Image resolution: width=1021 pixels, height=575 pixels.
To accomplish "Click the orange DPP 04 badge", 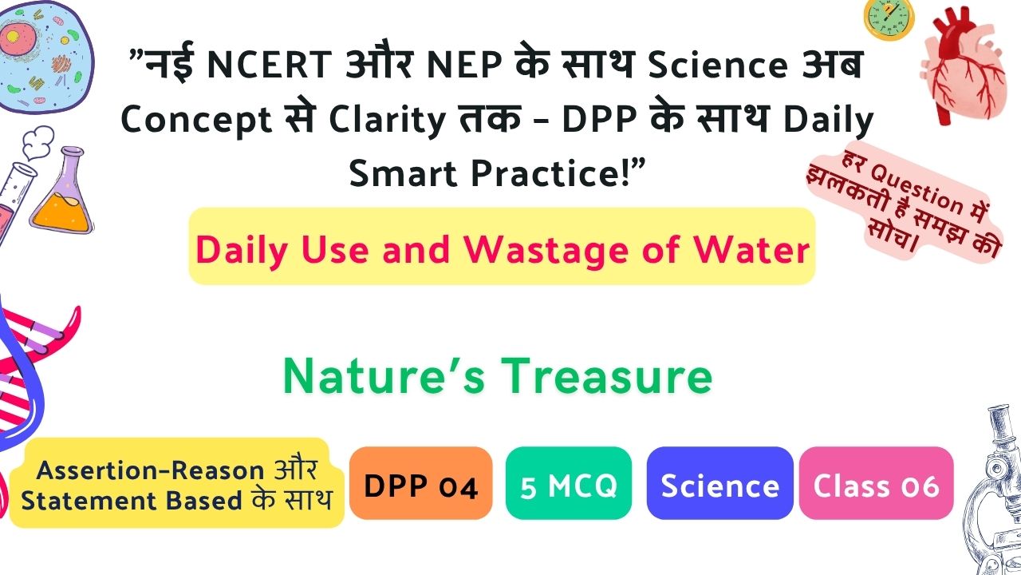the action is tap(420, 483).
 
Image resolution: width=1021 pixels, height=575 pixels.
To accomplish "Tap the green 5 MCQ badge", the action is tap(569, 483).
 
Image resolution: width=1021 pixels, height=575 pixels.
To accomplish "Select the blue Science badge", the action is tap(719, 483).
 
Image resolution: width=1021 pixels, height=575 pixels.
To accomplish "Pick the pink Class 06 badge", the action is tap(876, 483).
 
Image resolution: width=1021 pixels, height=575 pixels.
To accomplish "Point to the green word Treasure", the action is tap(607, 375).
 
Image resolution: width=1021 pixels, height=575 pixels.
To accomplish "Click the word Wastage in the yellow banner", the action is tap(546, 250).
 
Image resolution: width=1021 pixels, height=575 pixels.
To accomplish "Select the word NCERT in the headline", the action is tap(270, 65).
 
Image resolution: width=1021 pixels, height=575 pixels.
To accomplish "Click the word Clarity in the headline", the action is tap(387, 120).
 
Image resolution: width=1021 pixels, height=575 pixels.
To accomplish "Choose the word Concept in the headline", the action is tap(197, 120).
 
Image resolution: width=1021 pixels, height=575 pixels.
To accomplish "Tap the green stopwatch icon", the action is tap(889, 19).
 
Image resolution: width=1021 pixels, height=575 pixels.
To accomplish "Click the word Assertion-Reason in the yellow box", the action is tap(150, 470).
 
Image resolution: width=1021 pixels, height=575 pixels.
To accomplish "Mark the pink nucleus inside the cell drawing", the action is tap(14, 38).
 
